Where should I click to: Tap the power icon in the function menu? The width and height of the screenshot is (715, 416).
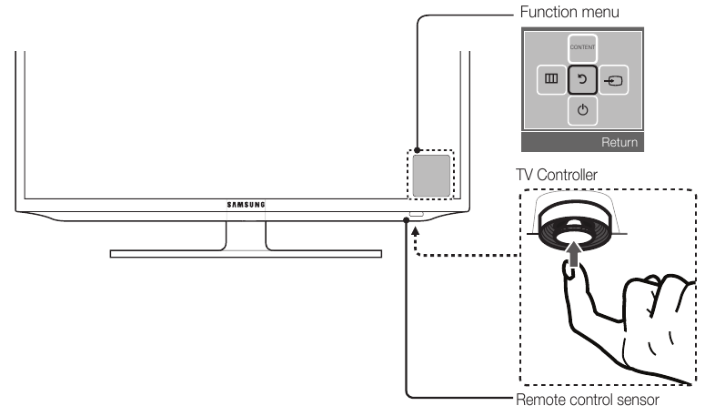coord(582,111)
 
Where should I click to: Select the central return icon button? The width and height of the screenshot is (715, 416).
coord(582,81)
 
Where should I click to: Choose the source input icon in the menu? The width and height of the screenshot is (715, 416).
coord(615,81)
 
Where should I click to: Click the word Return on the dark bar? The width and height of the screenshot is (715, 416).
coord(620,143)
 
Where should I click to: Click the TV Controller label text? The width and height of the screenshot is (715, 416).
coord(556,172)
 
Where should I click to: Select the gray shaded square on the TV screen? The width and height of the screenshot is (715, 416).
coord(431,175)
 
